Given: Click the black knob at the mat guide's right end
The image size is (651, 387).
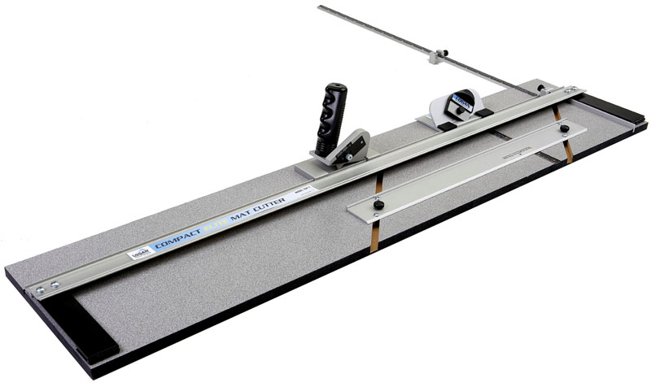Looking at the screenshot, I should pos(564,128).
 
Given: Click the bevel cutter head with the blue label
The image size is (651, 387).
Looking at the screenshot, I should pos(458,108).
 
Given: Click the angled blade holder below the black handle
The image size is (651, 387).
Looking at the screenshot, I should pos(348,148).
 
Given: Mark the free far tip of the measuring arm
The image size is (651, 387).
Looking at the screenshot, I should pos(321,8).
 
